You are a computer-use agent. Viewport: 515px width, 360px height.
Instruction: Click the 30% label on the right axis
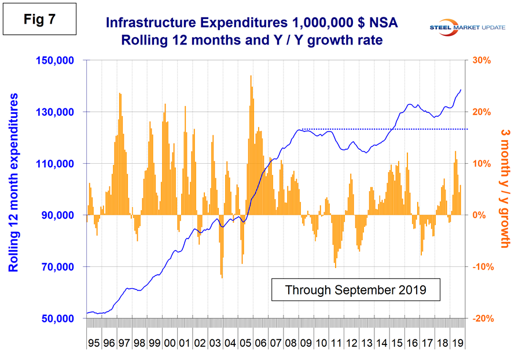click(x=482, y=60)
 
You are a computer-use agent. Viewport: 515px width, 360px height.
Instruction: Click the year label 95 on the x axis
click(x=93, y=343)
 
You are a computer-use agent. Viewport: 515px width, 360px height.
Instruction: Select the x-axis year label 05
click(x=244, y=343)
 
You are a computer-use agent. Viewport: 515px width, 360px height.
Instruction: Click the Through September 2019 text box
click(x=355, y=289)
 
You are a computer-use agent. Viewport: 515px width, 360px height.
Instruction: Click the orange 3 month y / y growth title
click(x=502, y=189)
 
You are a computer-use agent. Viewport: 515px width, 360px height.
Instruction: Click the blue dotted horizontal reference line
click(x=382, y=129)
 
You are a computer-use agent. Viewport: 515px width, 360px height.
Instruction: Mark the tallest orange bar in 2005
click(x=251, y=76)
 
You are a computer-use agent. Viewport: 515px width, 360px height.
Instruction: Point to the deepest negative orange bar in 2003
click(x=222, y=277)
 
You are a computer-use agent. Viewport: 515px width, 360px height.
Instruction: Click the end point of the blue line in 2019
click(x=461, y=90)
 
